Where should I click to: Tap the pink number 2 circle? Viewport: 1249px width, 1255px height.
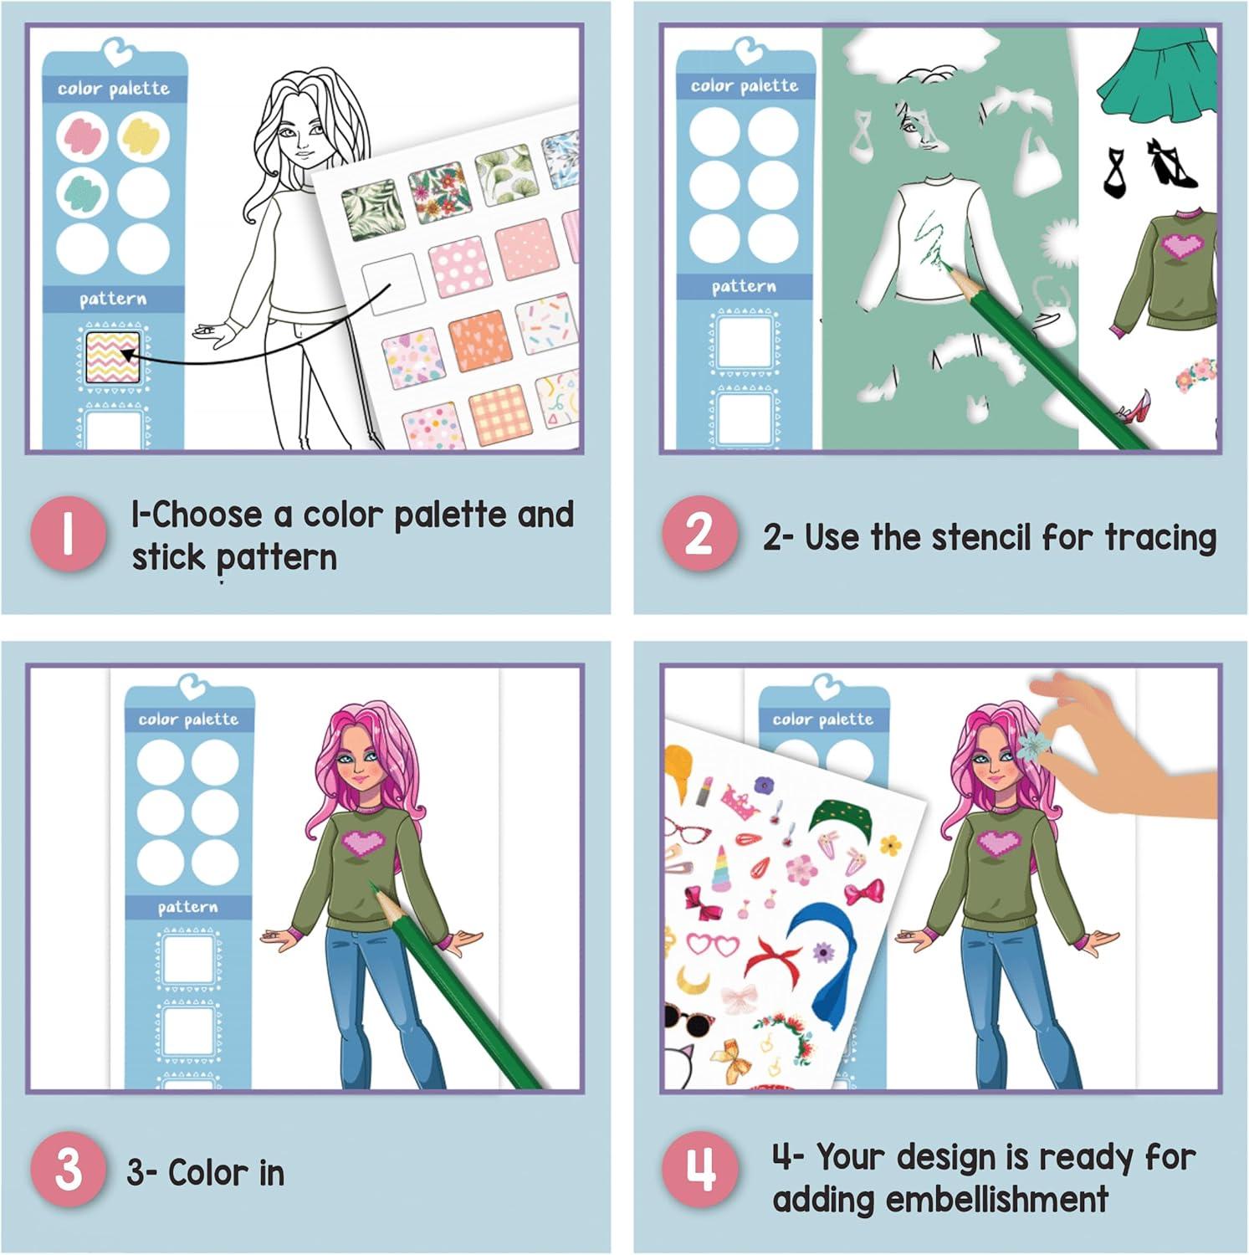click(x=699, y=535)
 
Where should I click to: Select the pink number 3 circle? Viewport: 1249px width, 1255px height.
click(x=69, y=1170)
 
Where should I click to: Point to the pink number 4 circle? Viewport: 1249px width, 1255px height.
click(x=700, y=1170)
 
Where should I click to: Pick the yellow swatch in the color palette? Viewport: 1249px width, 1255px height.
click(x=144, y=137)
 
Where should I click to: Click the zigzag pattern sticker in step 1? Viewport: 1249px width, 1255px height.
click(x=112, y=357)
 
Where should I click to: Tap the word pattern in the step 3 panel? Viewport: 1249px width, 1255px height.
click(x=187, y=907)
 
